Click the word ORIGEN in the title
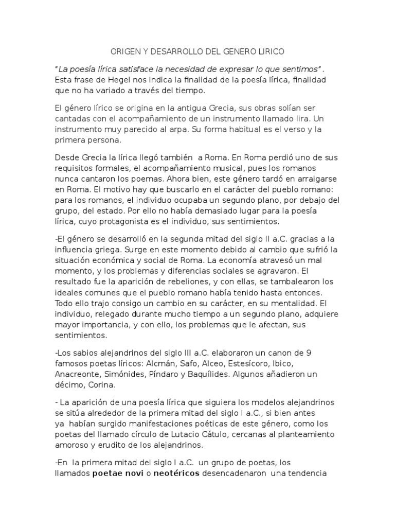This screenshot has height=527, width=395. [x=124, y=51]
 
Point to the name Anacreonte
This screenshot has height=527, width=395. [x=79, y=375]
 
